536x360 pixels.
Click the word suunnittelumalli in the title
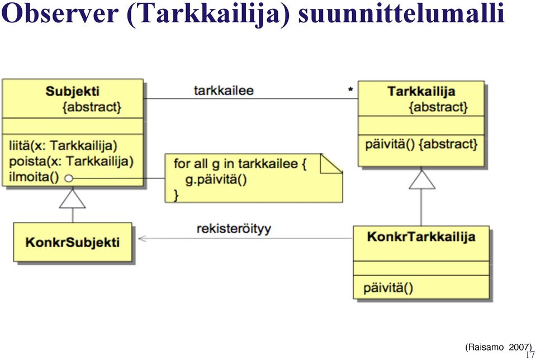(401, 13)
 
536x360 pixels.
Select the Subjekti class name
(73, 91)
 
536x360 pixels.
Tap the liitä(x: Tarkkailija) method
(63, 146)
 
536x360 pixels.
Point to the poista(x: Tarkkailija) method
(71, 162)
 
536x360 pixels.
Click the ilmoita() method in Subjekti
(34, 177)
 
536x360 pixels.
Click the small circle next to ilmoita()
(69, 178)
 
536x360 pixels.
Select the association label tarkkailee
(224, 91)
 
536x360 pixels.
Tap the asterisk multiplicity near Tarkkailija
(350, 90)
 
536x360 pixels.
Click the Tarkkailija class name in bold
(421, 91)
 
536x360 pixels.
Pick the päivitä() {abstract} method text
(421, 144)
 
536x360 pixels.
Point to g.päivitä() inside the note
(216, 180)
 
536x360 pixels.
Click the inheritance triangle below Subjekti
(73, 199)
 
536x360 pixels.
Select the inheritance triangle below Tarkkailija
(422, 179)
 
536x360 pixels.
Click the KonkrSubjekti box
(73, 243)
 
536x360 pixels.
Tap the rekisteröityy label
(234, 229)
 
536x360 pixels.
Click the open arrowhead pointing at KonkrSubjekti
(142, 238)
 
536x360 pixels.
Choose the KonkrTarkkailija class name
(421, 236)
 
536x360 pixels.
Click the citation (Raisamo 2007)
(499, 347)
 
